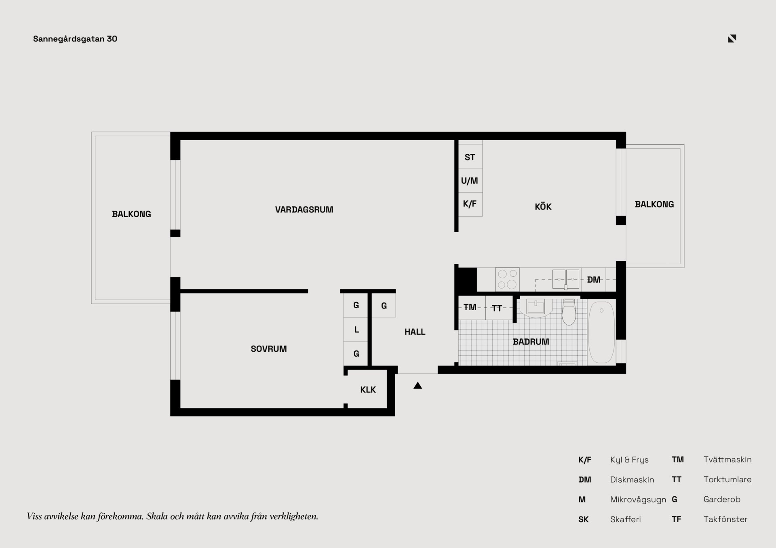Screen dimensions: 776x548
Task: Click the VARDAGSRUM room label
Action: [304, 210]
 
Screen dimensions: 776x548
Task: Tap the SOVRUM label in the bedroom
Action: [268, 349]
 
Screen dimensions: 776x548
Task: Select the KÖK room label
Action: [543, 207]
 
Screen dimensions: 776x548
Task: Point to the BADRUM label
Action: [531, 342]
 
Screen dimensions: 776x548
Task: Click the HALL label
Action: [415, 332]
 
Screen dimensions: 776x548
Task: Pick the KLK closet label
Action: [368, 390]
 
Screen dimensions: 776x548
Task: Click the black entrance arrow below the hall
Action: [418, 386]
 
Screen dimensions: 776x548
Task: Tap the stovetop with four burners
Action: [507, 279]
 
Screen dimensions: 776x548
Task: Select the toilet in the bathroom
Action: [569, 312]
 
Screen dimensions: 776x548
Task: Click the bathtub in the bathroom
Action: [601, 332]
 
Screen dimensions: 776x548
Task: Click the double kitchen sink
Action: [566, 279]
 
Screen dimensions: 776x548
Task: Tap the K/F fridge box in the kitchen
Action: [470, 204]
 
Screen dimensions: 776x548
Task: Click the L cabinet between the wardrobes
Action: [356, 330]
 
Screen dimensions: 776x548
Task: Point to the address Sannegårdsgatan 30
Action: [75, 39]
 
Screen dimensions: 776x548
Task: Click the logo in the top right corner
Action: [732, 38]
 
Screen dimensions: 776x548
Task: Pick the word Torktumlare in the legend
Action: [727, 479]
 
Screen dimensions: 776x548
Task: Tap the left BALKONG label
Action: [131, 214]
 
